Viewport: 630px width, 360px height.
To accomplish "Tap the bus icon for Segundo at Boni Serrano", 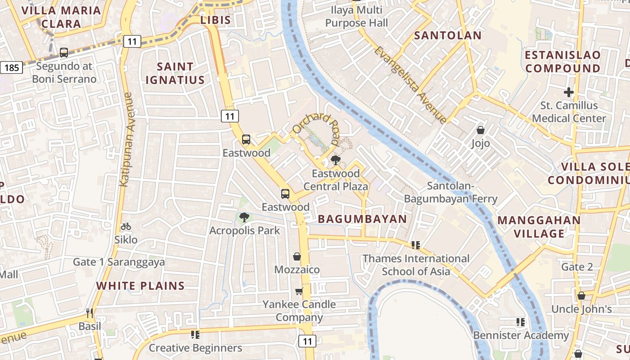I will (64, 53).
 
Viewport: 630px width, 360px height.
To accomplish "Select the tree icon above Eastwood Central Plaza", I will (335, 160).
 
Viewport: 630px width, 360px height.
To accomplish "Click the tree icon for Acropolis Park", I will (244, 217).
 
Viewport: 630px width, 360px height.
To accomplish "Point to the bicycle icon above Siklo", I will (126, 226).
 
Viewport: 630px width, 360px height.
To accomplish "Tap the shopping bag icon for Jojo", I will (481, 130).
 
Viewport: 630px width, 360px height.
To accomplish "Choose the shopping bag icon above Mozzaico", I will (297, 256).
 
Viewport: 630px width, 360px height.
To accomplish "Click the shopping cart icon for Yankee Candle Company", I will (299, 292).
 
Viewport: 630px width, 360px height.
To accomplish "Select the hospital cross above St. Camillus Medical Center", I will (569, 92).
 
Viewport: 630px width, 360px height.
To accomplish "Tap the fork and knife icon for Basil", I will (90, 313).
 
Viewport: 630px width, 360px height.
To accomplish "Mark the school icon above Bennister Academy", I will (521, 322).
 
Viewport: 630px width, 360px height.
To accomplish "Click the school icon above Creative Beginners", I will (195, 334).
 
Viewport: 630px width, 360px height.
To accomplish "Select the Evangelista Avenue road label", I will (410, 85).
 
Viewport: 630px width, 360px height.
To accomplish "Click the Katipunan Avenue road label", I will (126, 139).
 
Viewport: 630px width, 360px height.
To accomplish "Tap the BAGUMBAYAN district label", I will (362, 219).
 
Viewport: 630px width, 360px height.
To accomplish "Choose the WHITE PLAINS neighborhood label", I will (140, 286).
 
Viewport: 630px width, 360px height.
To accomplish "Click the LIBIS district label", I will (216, 20).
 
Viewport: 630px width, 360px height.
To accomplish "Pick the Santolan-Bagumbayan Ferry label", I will (450, 192).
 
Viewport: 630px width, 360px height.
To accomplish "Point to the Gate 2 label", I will (577, 267).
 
